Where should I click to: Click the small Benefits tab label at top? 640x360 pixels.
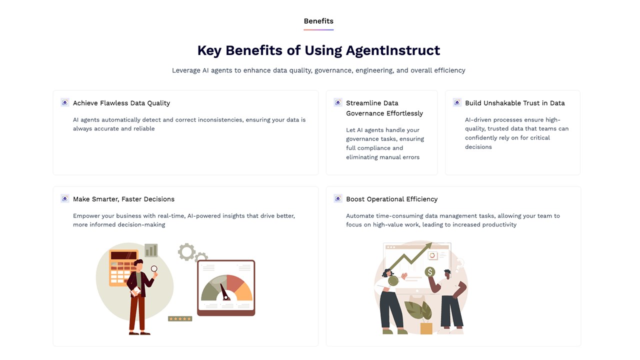(318, 21)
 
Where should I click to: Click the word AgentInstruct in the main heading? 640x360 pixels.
(393, 50)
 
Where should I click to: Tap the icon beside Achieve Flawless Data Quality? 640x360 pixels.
(65, 102)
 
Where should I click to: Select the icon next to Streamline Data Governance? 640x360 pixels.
(338, 102)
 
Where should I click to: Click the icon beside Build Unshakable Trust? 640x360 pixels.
(457, 102)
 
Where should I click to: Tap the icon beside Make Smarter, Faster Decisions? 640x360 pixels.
(65, 198)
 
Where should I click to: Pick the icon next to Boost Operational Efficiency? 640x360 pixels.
(338, 198)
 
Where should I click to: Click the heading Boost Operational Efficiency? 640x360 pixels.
(391, 199)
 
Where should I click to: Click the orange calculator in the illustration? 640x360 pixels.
(123, 267)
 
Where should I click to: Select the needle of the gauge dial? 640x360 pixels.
(225, 292)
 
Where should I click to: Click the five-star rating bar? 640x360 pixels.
(180, 318)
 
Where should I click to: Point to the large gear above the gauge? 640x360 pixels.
(186, 251)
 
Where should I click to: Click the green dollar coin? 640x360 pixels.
(430, 271)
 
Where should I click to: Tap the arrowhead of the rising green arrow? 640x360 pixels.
(428, 246)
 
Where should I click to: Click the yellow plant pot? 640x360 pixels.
(426, 328)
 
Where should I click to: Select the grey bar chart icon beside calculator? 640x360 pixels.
(151, 250)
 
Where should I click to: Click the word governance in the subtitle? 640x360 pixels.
(333, 70)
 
